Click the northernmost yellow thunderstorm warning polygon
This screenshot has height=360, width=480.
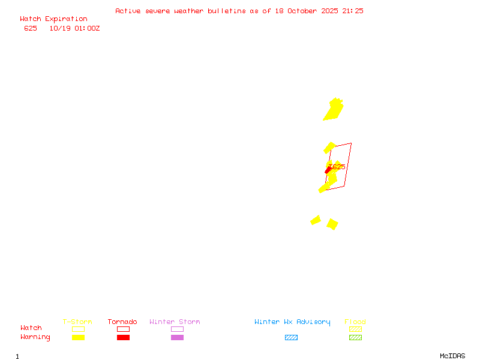coord(334,110)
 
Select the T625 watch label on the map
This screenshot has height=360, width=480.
coord(337,166)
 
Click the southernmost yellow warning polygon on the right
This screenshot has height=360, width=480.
coord(332,224)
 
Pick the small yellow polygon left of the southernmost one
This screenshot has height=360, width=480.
coord(316,220)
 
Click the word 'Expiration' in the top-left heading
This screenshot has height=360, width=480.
coord(66,19)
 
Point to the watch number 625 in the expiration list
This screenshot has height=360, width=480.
coord(31,28)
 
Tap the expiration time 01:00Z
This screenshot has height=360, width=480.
coord(88,28)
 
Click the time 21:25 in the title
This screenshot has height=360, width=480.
coord(353,11)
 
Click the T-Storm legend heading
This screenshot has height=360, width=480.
coord(77,322)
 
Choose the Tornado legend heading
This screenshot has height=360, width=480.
coord(122,322)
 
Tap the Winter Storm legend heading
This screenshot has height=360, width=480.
coord(175,322)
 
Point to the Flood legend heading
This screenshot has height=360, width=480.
coord(355,322)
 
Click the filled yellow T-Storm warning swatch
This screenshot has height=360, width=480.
coord(78,338)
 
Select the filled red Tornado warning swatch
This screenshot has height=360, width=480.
coord(123,338)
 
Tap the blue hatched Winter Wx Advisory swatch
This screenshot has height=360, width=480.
coord(291,338)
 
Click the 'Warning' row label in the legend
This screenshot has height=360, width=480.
coord(35,337)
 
